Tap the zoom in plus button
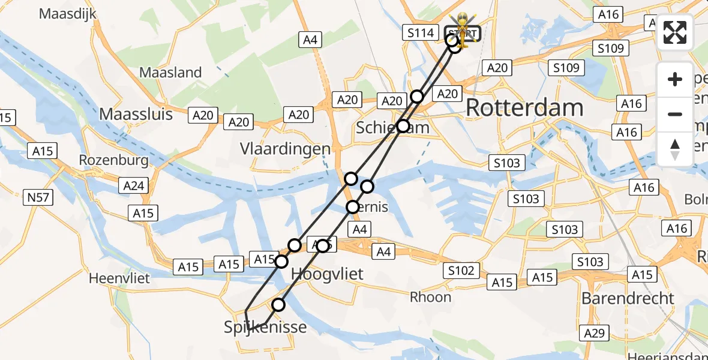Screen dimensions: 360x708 tap(675, 79)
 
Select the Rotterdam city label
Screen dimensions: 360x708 tap(524, 108)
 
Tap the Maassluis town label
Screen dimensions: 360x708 tap(136, 114)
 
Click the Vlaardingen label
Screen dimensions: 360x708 tap(285, 148)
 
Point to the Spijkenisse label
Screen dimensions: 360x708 tap(265, 328)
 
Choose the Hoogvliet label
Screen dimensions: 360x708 tap(327, 274)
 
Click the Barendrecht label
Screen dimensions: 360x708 tap(628, 298)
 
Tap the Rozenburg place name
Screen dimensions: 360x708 tap(113, 161)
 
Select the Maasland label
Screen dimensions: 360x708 tap(170, 73)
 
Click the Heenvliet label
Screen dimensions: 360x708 tap(119, 278)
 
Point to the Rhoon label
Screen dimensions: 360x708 tap(430, 297)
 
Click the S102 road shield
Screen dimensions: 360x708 tap(461, 271)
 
